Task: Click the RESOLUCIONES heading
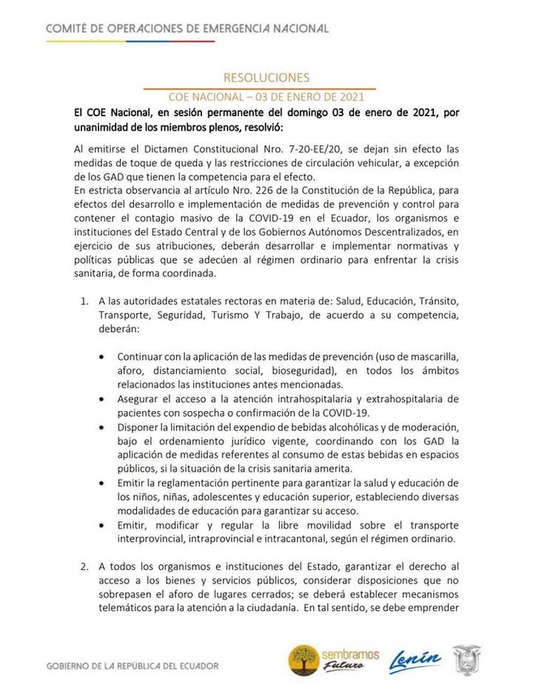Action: point(266,77)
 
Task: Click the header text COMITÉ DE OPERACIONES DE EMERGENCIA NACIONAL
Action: point(187,28)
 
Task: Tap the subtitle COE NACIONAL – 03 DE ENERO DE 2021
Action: point(266,96)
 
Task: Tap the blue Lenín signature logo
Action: point(415,658)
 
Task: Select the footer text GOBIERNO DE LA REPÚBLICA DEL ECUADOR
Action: point(133,666)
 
